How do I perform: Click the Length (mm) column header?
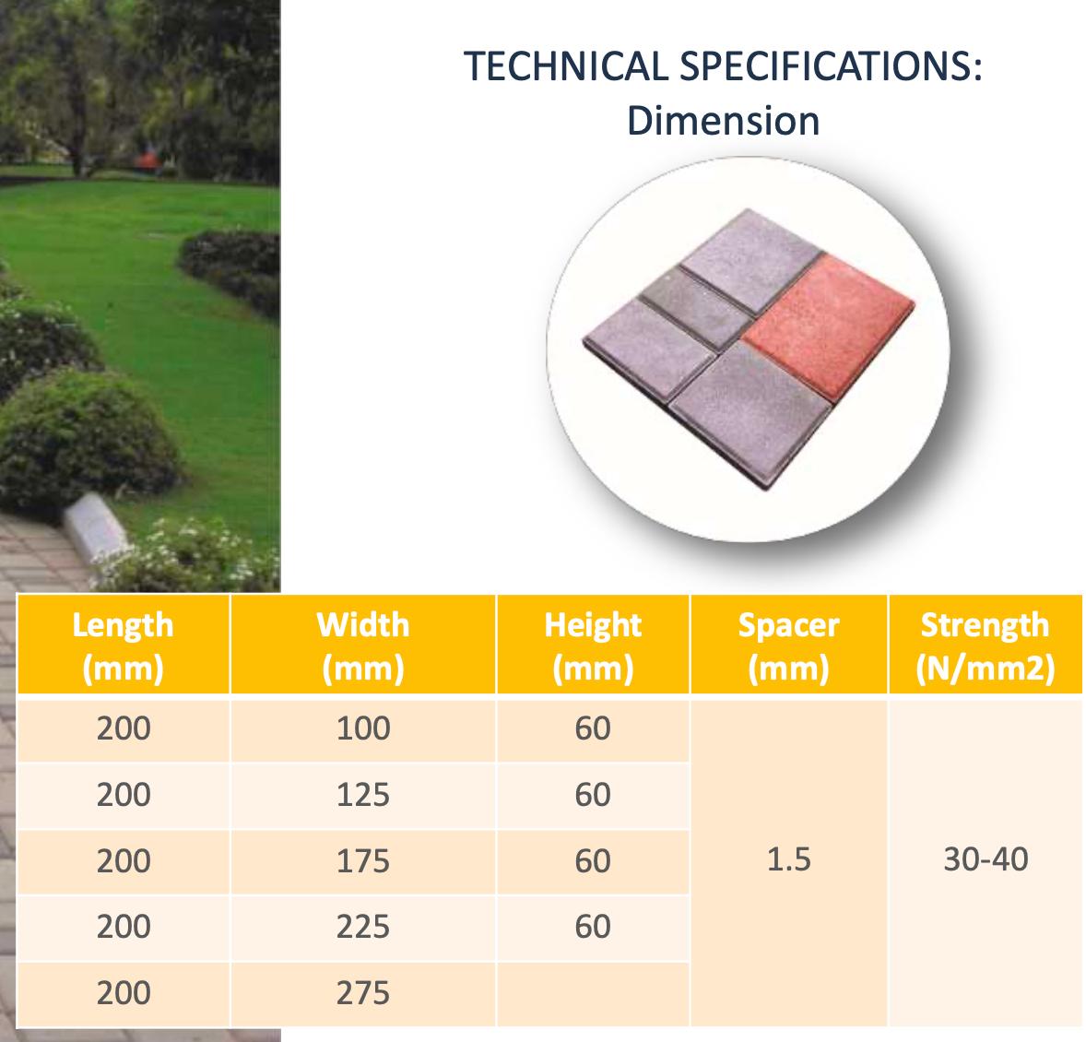click(x=124, y=645)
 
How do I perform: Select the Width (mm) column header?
click(x=363, y=645)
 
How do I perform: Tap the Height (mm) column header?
click(x=593, y=645)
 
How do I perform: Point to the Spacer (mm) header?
click(x=789, y=645)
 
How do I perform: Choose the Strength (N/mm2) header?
click(x=985, y=645)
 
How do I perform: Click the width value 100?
click(x=363, y=728)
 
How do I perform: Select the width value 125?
click(x=363, y=795)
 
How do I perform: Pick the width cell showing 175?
click(x=363, y=861)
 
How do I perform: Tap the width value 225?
click(x=363, y=927)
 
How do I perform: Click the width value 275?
click(x=363, y=993)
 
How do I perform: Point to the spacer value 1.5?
click(x=789, y=859)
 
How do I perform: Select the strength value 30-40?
click(x=986, y=859)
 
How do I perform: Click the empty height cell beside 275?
click(x=593, y=994)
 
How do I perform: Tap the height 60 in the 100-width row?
click(x=593, y=728)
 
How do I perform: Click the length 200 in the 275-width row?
click(x=124, y=993)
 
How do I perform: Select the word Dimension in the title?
click(x=723, y=121)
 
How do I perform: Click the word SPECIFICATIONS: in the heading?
click(x=832, y=66)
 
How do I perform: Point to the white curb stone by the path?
click(x=96, y=527)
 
